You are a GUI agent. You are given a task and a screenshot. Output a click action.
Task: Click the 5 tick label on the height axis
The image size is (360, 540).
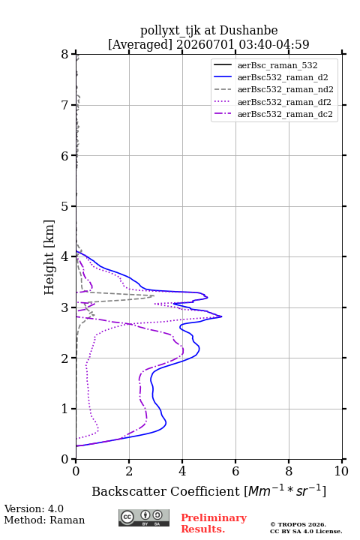[x=64, y=206]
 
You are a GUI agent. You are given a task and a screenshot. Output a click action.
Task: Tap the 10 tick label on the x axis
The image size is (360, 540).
[x=341, y=471]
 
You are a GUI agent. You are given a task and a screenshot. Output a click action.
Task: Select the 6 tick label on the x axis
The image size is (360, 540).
[x=235, y=471]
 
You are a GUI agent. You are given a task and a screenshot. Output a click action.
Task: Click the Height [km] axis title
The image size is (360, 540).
[x=49, y=257]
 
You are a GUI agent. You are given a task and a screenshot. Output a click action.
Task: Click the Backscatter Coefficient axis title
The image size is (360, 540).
[x=208, y=490]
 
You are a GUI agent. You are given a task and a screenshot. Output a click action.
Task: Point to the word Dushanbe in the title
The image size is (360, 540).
[x=248, y=30]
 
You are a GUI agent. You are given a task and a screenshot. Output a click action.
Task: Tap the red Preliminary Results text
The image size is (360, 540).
[x=214, y=523]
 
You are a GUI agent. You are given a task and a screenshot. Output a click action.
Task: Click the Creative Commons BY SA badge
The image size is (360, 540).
[x=144, y=517]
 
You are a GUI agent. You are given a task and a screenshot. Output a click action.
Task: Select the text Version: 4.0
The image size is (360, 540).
[x=34, y=508]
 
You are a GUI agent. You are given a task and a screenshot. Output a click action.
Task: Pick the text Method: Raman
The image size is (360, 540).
[x=44, y=520]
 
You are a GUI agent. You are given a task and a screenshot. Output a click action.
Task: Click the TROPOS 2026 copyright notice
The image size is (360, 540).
[x=298, y=524]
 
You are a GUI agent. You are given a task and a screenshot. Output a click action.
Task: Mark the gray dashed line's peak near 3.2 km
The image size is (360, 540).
[x=154, y=295]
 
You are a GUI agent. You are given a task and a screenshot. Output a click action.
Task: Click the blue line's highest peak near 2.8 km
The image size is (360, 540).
[x=221, y=316]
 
